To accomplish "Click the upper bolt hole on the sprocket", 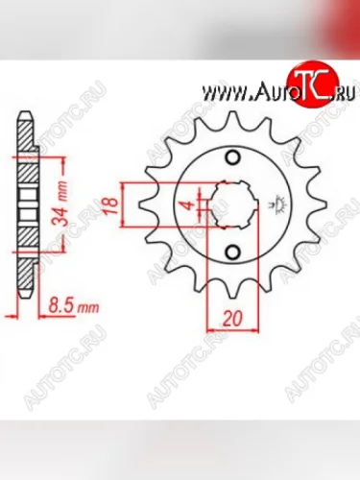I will coord(230,157).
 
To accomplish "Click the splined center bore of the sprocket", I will coord(232,204).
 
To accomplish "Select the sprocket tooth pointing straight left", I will coord(146,204).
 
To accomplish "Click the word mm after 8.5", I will coord(88,309).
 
